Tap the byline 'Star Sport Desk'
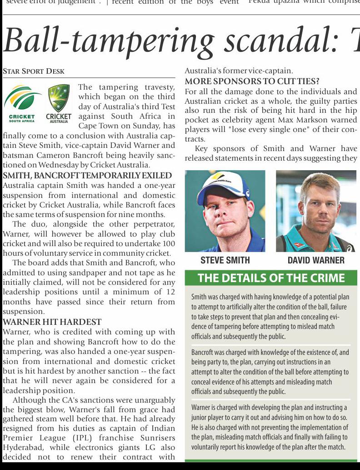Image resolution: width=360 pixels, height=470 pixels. coord(34,71)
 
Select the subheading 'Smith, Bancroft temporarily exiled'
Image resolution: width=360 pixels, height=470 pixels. coord(87,176)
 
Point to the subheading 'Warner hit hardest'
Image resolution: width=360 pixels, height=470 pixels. coord(52,322)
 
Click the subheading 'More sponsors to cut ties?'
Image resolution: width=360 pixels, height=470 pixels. coord(252,82)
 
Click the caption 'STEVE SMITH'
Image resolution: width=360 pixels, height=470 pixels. coord(225,260)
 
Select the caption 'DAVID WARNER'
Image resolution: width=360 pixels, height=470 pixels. coord(316,260)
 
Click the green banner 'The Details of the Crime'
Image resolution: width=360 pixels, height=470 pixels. coord(271,278)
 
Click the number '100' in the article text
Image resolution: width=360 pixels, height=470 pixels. coord(169,244)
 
